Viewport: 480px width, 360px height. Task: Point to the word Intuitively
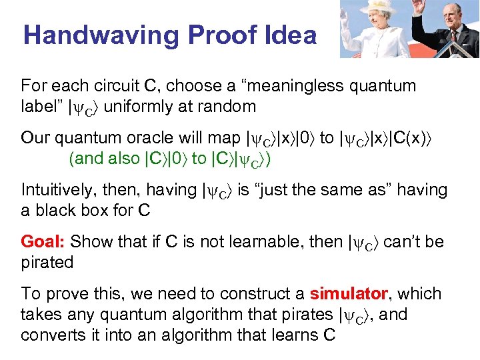pyautogui.click(x=59, y=190)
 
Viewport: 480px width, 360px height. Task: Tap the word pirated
pyautogui.click(x=47, y=262)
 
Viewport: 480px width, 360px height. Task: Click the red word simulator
pyautogui.click(x=349, y=293)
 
